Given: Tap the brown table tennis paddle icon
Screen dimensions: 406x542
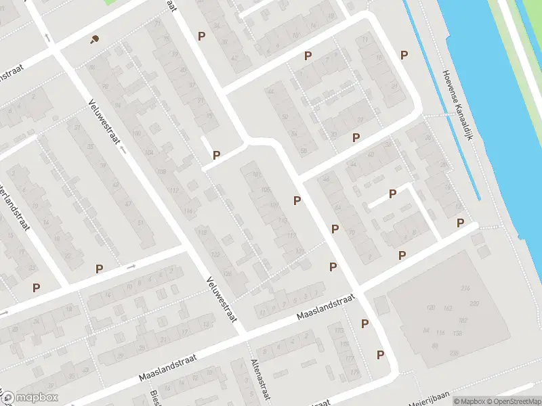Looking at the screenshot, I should point(93,39).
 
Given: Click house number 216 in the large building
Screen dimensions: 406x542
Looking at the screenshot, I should point(465,289).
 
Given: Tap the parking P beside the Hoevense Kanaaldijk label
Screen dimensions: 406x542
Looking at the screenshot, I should point(404,55).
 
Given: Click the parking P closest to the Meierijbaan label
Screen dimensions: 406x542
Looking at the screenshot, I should point(381,355).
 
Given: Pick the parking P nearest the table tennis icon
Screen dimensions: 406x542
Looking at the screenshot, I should point(201,36).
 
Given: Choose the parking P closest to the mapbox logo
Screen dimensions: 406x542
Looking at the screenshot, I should point(36,288).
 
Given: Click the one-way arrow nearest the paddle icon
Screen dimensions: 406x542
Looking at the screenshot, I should point(51,37).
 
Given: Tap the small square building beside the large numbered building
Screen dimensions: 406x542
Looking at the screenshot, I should point(380,304).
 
